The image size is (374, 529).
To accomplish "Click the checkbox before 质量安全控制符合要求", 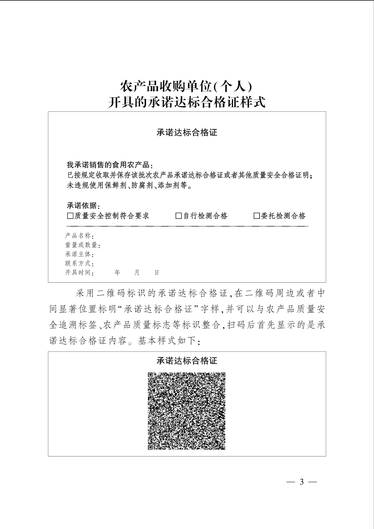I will point(70,216).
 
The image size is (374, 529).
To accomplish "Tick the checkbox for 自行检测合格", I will point(178,216).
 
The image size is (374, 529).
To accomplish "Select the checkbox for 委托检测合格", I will point(257,216).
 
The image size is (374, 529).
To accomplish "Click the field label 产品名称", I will point(78,236).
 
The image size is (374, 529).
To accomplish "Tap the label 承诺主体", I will point(78,254).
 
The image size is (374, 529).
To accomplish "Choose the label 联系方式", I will point(78,263).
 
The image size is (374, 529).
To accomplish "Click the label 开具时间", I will point(78,272).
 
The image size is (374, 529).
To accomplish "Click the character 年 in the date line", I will point(117,272).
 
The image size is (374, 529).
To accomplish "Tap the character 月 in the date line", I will point(137,272).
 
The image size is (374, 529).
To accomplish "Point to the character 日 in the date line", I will point(157,272).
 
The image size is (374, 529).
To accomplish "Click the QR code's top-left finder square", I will point(150,375).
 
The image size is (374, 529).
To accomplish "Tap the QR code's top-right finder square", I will point(223,375).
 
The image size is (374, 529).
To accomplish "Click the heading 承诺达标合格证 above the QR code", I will point(187,361).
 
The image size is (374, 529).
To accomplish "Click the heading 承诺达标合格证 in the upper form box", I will point(187,133).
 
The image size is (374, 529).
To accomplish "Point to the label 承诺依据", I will point(82,206).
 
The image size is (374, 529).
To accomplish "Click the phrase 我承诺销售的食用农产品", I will point(108,165).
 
